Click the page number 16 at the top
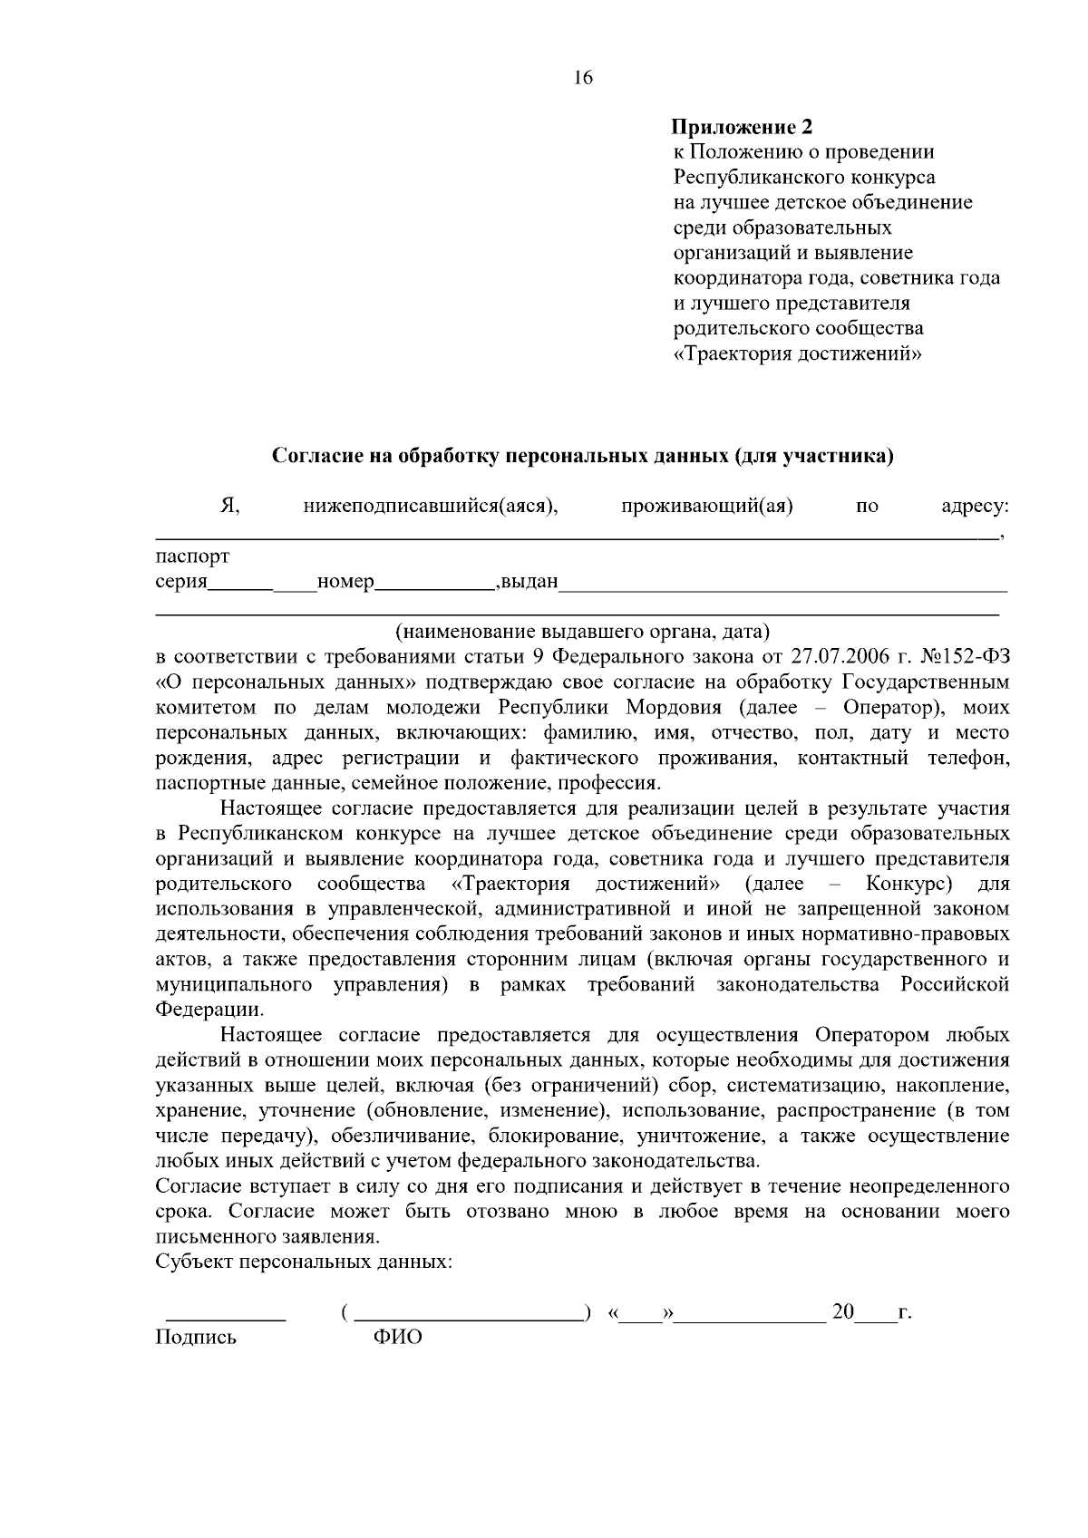583,78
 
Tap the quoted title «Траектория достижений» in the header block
798,353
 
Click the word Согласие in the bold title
317,456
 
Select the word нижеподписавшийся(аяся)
430,507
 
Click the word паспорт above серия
192,556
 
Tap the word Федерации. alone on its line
210,1009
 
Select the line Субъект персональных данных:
305,1262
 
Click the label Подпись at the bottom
196,1337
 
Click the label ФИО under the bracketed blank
398,1337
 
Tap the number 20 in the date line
843,1311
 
